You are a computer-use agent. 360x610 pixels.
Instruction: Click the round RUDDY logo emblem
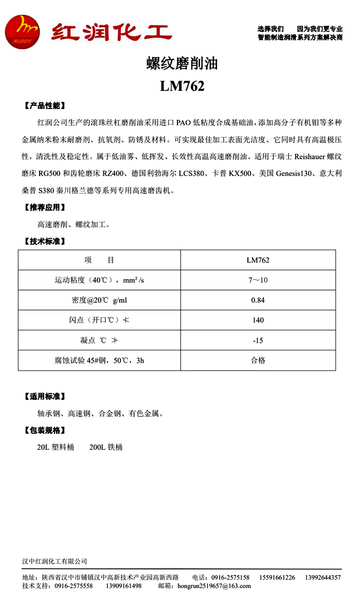coord(22,32)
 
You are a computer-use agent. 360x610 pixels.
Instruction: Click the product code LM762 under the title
coord(182,86)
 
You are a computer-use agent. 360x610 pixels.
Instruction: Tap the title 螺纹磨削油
coord(182,64)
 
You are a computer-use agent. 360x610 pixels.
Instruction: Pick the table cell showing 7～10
coord(258,280)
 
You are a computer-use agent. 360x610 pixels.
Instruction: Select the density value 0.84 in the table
coord(258,300)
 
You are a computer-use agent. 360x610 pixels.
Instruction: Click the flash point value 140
coord(258,320)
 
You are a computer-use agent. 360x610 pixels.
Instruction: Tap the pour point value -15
coord(258,340)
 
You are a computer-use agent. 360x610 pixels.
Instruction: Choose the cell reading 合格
coord(258,360)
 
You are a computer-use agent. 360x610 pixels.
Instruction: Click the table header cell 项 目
coord(99,260)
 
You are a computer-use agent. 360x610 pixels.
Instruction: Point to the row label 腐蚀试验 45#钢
coord(99,360)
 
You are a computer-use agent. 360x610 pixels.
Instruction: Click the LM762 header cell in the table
coord(258,260)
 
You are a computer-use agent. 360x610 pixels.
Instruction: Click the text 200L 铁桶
coord(106,447)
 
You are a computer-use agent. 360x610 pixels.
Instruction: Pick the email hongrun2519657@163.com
coord(213,586)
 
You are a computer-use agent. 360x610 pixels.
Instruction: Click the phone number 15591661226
coord(277,578)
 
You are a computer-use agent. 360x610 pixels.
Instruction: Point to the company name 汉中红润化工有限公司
coord(55,561)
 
